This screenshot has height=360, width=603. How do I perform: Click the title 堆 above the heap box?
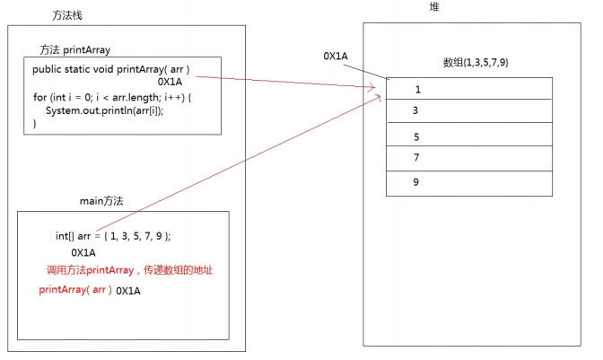point(434,7)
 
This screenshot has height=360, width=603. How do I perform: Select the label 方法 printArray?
point(75,48)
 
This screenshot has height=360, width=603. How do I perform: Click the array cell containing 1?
point(469,89)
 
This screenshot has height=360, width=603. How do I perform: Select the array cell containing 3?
point(469,110)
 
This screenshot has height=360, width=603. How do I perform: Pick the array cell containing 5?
point(469,136)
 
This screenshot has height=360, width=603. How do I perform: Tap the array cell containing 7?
point(469,158)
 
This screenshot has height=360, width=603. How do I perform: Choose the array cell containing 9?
point(469,182)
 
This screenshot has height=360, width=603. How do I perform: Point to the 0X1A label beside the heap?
point(336,56)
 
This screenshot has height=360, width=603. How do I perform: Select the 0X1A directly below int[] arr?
point(83,253)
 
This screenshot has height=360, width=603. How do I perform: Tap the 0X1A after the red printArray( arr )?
point(128,291)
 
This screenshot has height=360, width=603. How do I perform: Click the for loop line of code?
point(112,97)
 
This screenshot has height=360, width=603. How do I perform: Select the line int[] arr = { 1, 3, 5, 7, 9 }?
point(113,236)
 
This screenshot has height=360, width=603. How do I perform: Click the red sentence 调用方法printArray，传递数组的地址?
point(129,270)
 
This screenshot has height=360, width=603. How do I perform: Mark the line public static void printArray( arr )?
point(110,69)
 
